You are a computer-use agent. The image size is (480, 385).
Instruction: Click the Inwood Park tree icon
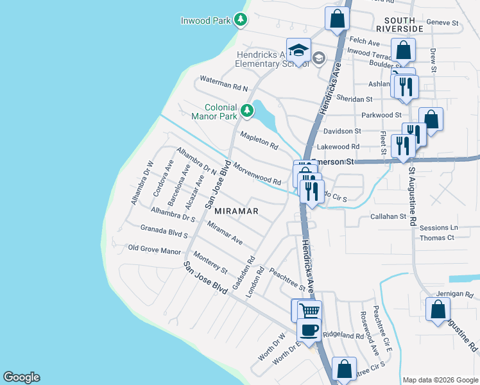(241, 20)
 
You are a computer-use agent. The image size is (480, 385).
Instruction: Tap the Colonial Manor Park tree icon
(246, 112)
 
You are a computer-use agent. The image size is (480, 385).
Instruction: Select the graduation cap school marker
(299, 49)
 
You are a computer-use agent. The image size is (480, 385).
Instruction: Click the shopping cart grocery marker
(310, 311)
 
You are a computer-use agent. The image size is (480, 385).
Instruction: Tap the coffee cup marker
(309, 330)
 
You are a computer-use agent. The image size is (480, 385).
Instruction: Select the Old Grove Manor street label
(155, 250)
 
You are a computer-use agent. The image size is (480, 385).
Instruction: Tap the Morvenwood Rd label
(257, 173)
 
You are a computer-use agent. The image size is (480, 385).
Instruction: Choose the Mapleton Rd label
(259, 141)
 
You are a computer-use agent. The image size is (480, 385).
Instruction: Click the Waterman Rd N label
(223, 82)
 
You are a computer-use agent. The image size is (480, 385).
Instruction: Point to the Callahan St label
(388, 217)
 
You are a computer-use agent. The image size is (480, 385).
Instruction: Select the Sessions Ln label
(439, 228)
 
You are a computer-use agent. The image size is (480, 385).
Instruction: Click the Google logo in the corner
(21, 377)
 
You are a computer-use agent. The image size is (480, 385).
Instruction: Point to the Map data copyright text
(440, 380)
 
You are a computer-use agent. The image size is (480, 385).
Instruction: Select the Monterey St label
(211, 261)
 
